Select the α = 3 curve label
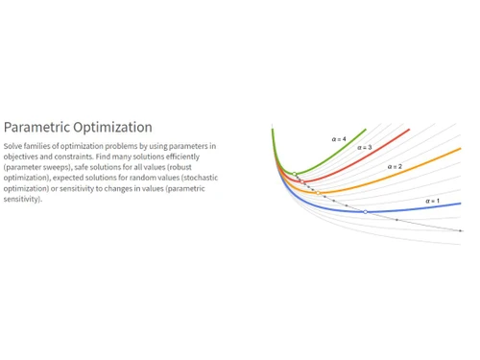[x=365, y=148]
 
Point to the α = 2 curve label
[x=395, y=167]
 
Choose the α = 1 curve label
[x=432, y=201]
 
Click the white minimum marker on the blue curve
[x=365, y=211]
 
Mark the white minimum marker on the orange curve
[x=318, y=193]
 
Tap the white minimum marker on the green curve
[x=295, y=175]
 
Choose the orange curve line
[x=422, y=166]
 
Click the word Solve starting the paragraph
[x=12, y=146]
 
